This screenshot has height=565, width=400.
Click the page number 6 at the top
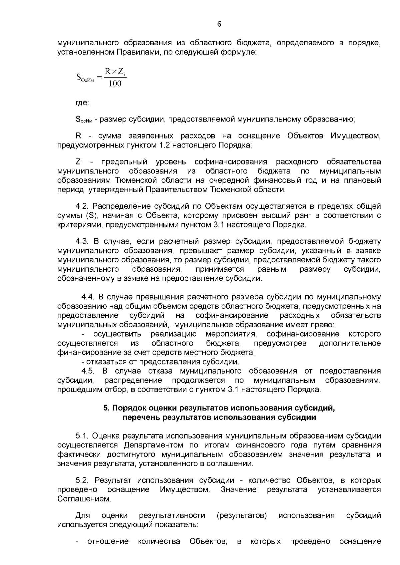tap(219, 24)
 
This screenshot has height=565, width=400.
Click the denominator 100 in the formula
tap(115, 83)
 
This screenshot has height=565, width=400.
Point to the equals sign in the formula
tap(99, 78)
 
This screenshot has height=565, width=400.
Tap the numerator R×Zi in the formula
tap(115, 71)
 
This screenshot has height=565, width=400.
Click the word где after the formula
tap(82, 103)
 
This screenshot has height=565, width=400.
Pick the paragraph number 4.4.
tap(89, 297)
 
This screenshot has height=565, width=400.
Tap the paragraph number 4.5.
tap(88, 371)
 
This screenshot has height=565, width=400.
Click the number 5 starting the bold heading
tap(106, 408)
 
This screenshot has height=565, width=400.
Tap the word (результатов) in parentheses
tap(242, 516)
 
